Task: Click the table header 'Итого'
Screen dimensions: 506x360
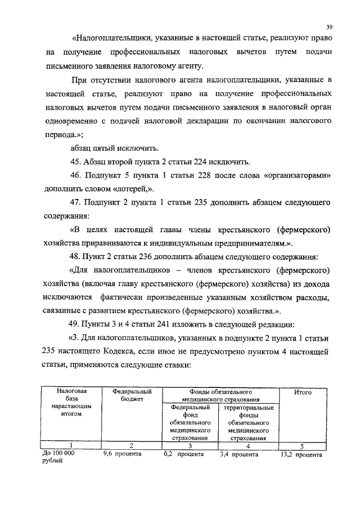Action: tap(303, 392)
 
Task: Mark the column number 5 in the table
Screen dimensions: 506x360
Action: tap(303, 445)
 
